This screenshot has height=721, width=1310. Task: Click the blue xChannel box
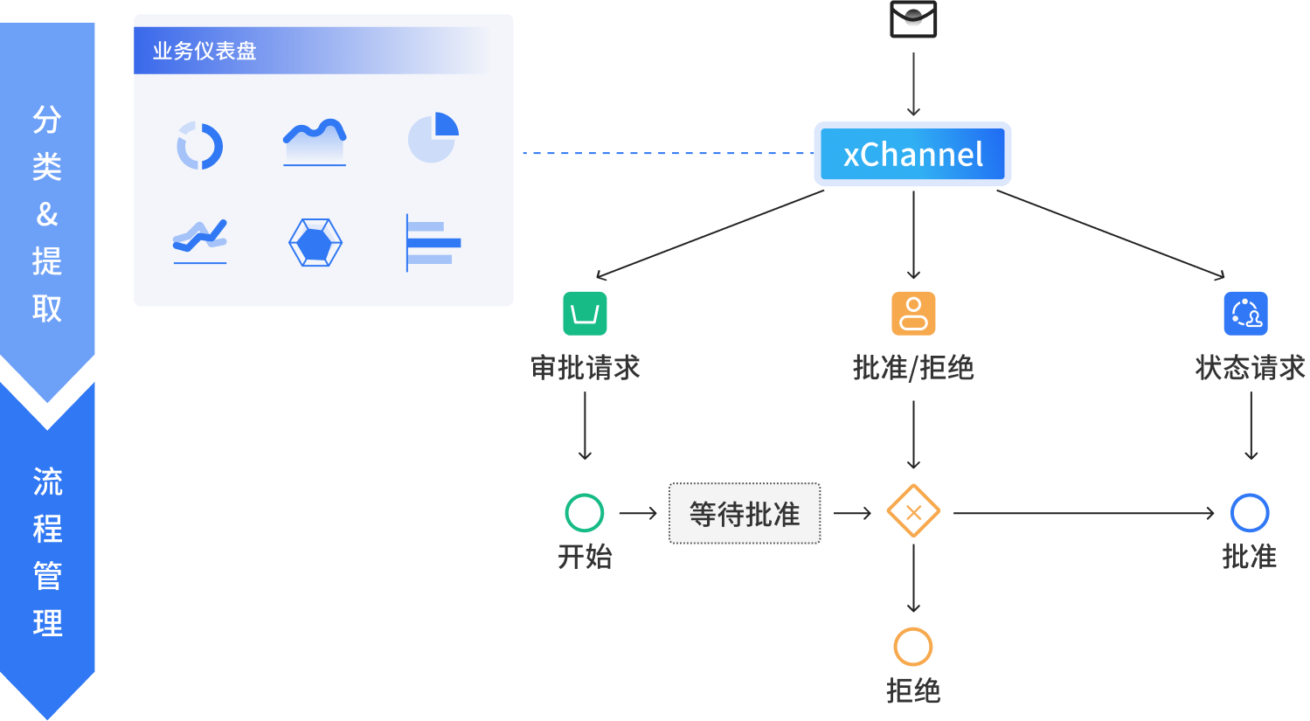click(x=912, y=155)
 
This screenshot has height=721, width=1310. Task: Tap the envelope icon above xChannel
click(x=913, y=18)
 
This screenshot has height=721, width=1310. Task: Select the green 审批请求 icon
click(x=585, y=313)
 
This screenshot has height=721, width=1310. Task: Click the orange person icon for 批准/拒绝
click(x=913, y=313)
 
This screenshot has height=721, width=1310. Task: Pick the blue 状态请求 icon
click(x=1245, y=313)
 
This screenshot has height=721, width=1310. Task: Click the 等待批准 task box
click(x=745, y=514)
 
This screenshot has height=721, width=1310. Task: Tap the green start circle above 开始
click(x=585, y=513)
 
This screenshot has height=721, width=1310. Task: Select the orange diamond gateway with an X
click(x=913, y=513)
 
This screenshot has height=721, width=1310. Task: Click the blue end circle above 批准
click(x=1250, y=513)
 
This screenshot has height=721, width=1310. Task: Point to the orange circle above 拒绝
click(x=913, y=647)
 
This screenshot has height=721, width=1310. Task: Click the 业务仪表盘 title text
click(x=204, y=52)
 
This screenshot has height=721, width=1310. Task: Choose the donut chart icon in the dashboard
click(x=200, y=145)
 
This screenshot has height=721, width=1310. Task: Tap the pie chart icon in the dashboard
click(x=433, y=137)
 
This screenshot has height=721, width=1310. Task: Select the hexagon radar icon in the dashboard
click(x=315, y=242)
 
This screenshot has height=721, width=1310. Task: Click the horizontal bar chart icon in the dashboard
click(x=433, y=242)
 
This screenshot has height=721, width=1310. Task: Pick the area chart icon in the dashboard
click(x=315, y=142)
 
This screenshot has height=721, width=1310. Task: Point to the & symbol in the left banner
click(x=47, y=214)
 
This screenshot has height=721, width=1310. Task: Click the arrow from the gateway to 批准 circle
click(x=1084, y=513)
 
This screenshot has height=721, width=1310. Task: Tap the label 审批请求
click(x=586, y=368)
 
